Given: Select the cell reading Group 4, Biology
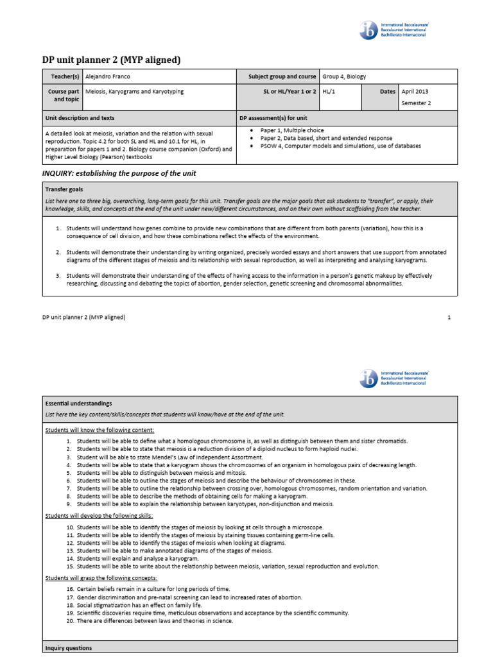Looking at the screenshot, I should coord(344,76).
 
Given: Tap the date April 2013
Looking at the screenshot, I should coord(416,92).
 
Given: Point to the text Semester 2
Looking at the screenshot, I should coord(416,103).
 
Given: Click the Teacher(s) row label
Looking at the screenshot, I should coord(65,76).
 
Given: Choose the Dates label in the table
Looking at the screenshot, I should coord(388,92).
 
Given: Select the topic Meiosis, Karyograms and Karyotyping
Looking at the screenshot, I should coord(134,92).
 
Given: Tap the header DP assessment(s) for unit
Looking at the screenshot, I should coord(273,119).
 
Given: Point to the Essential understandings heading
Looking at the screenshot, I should coord(78,404).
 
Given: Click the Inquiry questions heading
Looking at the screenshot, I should coord(68,648).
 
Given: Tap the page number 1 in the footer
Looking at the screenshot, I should coord(449,317).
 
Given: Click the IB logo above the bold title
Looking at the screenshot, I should coord(370,30).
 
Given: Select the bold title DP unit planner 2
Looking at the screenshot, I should coord(111,60).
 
